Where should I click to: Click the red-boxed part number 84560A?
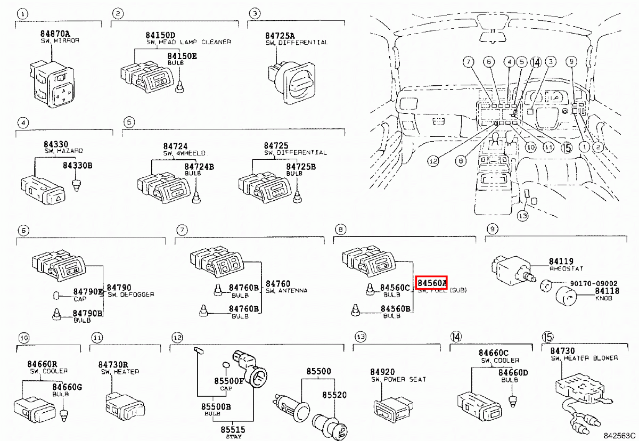click(431, 282)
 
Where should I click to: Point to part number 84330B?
click(78, 166)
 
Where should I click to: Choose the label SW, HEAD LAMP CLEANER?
click(189, 42)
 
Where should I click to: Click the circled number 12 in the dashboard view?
click(433, 160)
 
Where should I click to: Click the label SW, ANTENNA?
click(286, 291)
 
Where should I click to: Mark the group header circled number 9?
click(493, 230)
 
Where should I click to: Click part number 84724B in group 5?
click(199, 167)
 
